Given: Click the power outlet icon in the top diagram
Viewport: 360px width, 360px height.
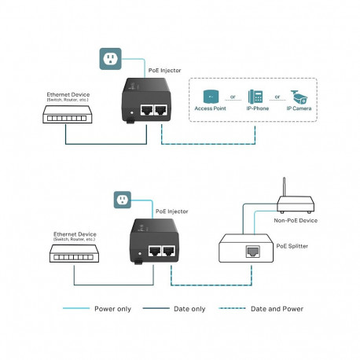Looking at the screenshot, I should click(x=111, y=58).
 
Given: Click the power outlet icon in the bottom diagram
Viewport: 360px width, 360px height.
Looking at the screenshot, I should click(x=121, y=200).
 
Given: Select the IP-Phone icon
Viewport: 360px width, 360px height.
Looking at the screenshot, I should click(x=255, y=97).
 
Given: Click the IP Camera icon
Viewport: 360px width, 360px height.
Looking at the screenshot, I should click(x=299, y=97).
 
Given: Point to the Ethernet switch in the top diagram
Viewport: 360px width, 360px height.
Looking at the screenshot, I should click(x=66, y=114).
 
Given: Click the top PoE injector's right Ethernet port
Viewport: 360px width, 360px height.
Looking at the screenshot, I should click(x=161, y=110).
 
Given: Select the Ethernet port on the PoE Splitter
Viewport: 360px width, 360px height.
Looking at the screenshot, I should click(x=252, y=251).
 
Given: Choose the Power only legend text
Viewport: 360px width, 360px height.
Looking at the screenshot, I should click(x=113, y=309).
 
